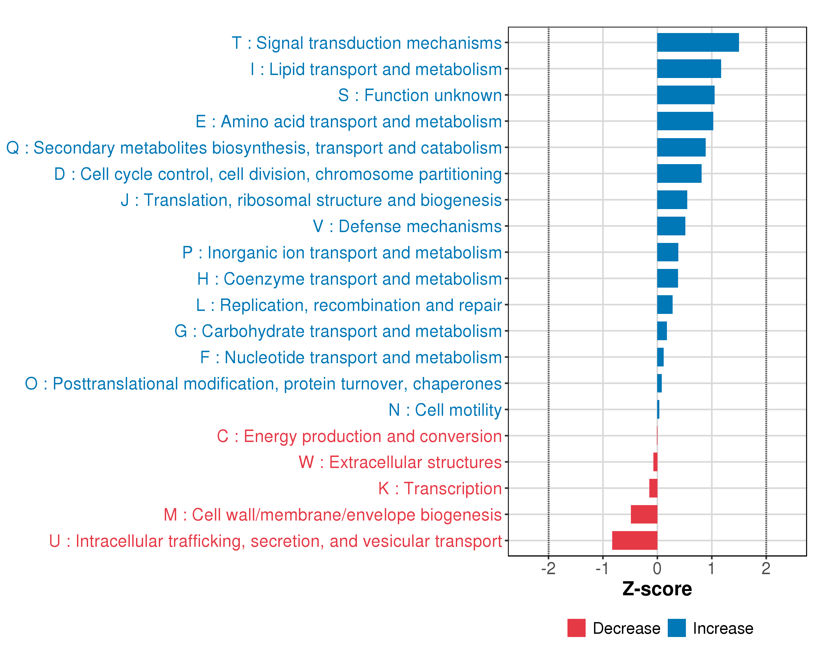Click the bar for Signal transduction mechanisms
[x=698, y=42]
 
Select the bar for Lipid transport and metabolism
[x=689, y=69]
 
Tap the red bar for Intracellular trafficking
[x=635, y=540]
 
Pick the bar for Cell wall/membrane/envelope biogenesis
[x=644, y=514]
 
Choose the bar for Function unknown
[x=686, y=95]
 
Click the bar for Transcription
[x=653, y=488]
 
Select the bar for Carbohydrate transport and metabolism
[x=662, y=331]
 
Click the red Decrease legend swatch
[x=576, y=628]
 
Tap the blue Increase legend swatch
[x=676, y=628]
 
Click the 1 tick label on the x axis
[x=711, y=568]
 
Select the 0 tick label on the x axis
[x=657, y=568]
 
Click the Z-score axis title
[x=657, y=589]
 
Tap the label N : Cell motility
[x=445, y=410]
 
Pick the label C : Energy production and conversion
[x=359, y=436]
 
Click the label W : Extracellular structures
[x=400, y=462]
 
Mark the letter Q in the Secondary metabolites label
[x=13, y=148]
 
